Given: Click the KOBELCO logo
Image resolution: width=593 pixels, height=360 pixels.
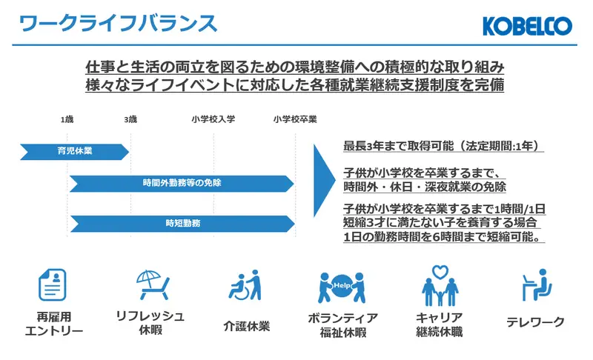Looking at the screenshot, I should [527, 27].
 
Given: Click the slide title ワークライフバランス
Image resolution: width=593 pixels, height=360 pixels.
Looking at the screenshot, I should [119, 24].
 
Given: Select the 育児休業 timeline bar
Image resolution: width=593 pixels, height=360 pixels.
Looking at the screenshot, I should [74, 151].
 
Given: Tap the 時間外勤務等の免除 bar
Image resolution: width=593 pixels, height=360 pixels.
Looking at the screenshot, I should [182, 183].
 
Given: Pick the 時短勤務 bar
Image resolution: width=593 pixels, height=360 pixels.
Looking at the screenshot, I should [182, 222].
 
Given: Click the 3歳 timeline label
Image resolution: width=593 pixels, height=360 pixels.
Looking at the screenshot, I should [130, 119].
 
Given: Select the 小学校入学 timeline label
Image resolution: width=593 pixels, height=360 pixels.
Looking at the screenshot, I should [213, 119].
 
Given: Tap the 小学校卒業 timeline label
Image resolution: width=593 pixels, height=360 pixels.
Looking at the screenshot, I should [294, 119].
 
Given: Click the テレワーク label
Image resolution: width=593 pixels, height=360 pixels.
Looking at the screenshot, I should [535, 322].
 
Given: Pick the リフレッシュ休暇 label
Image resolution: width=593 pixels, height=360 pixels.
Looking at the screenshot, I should [150, 322].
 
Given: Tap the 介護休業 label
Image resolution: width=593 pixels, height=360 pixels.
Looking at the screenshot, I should [246, 326].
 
